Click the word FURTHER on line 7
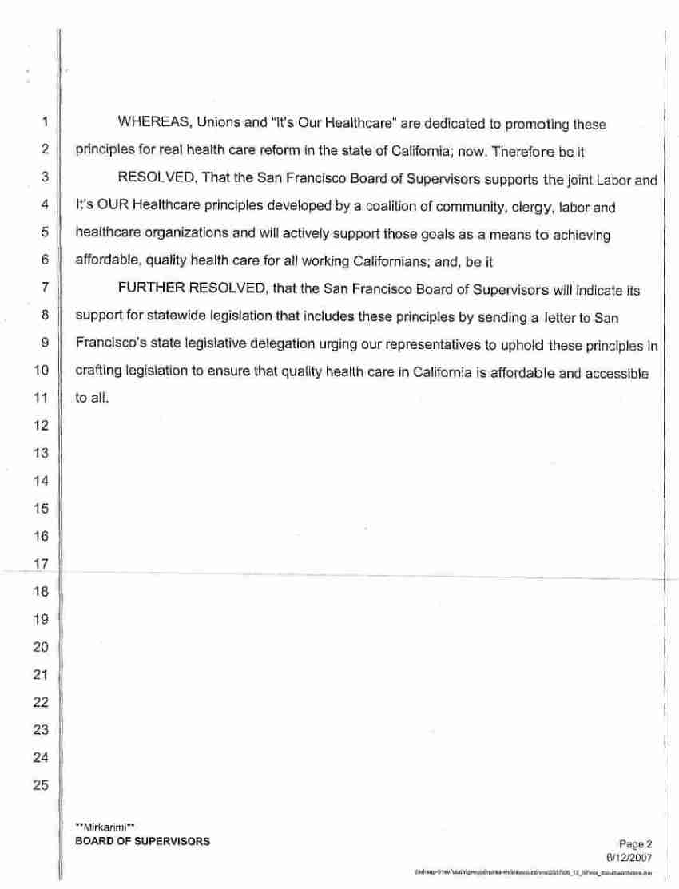[150, 290]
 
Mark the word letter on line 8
[550, 318]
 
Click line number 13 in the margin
[41, 453]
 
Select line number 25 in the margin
[41, 785]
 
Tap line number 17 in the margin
[41, 564]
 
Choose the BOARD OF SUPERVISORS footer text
[142, 841]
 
